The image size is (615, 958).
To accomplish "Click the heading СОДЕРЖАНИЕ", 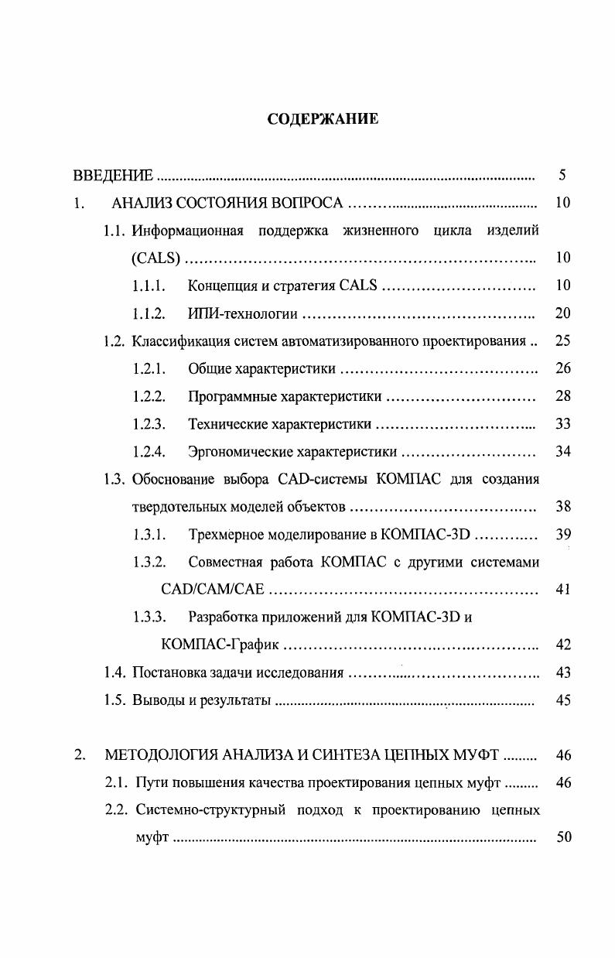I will [323, 119].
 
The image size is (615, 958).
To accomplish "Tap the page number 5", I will [562, 175].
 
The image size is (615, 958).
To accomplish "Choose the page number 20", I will [562, 313].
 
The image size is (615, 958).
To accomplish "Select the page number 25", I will [562, 341].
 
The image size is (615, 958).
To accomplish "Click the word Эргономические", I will [240, 452].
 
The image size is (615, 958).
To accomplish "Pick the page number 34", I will [562, 452].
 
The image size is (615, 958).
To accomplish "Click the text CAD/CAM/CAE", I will [213, 590].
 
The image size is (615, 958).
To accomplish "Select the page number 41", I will [562, 590].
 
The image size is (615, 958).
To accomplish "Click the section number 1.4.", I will [116, 673].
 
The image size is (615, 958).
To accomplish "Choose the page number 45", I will [562, 701].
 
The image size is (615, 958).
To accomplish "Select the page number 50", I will [562, 838].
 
